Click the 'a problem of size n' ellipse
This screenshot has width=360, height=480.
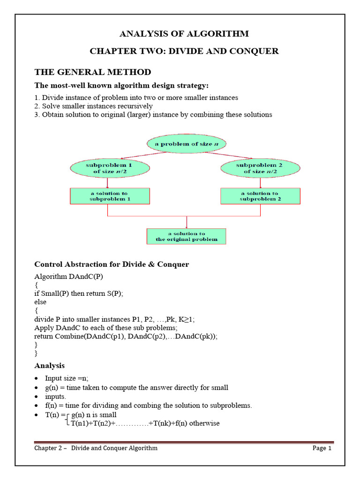pos(187,144)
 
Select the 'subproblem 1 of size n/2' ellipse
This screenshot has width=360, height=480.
pos(110,168)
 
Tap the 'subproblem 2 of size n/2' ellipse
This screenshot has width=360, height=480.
pos(260,168)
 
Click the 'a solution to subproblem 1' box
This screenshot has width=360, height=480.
pos(110,196)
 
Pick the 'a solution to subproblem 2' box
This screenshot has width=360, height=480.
pos(260,196)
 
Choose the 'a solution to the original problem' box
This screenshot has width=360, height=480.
pos(187,236)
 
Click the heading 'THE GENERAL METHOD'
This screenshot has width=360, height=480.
pos(93,72)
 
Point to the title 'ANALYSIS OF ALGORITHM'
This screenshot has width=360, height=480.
pos(184,34)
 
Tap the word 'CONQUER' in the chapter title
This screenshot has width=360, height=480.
pos(255,51)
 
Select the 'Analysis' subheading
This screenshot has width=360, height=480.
pos(49,366)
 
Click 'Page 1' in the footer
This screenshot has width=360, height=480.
pos(322,448)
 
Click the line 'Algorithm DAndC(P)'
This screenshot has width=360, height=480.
pos(68,276)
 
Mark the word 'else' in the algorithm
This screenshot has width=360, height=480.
pos(40,302)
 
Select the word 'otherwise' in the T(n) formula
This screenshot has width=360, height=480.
pos(203,423)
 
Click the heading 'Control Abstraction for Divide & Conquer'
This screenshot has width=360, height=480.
pos(112,264)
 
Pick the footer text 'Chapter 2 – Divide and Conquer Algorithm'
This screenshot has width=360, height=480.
pos(96,448)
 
